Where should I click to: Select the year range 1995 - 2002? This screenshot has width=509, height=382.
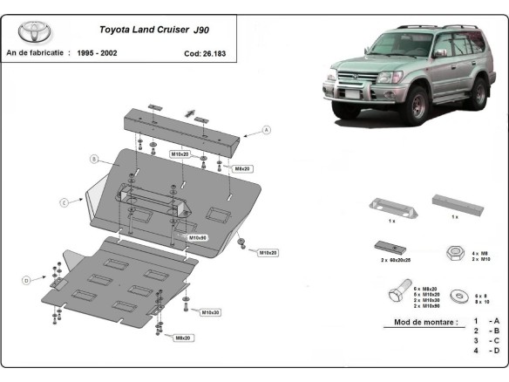(x=97, y=53)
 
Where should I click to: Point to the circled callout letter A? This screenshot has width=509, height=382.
(x=266, y=130)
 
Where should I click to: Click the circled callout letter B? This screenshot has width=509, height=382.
(x=92, y=159)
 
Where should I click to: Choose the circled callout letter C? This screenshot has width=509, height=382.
(x=64, y=202)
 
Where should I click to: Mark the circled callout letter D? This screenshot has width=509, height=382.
(x=27, y=279)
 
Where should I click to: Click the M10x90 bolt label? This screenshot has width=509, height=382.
(x=198, y=236)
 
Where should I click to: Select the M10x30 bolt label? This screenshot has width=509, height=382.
(x=210, y=311)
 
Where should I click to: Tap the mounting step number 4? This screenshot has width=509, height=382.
(x=476, y=351)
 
